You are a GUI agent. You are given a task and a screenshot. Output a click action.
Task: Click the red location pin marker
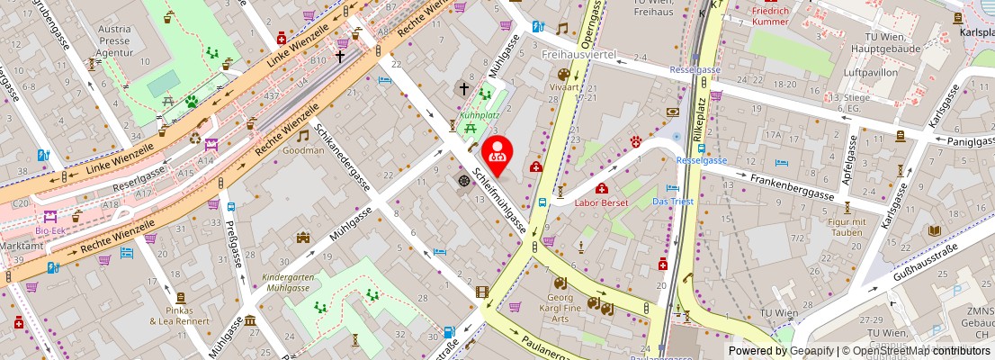(x=497, y=155)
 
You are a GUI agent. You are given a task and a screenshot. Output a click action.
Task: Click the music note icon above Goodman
(x=303, y=135)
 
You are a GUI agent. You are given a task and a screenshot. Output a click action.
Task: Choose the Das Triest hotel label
(x=673, y=202)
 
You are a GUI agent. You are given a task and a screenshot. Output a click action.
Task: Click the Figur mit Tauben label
(x=845, y=227)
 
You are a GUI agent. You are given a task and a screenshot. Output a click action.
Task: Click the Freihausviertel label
(x=577, y=56)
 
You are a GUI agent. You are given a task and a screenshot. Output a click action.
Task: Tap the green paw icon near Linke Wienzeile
(x=192, y=102)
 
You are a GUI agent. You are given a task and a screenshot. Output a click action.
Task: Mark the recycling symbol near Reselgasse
(x=195, y=139)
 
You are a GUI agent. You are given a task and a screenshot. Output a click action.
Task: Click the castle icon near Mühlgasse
(x=303, y=238)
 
